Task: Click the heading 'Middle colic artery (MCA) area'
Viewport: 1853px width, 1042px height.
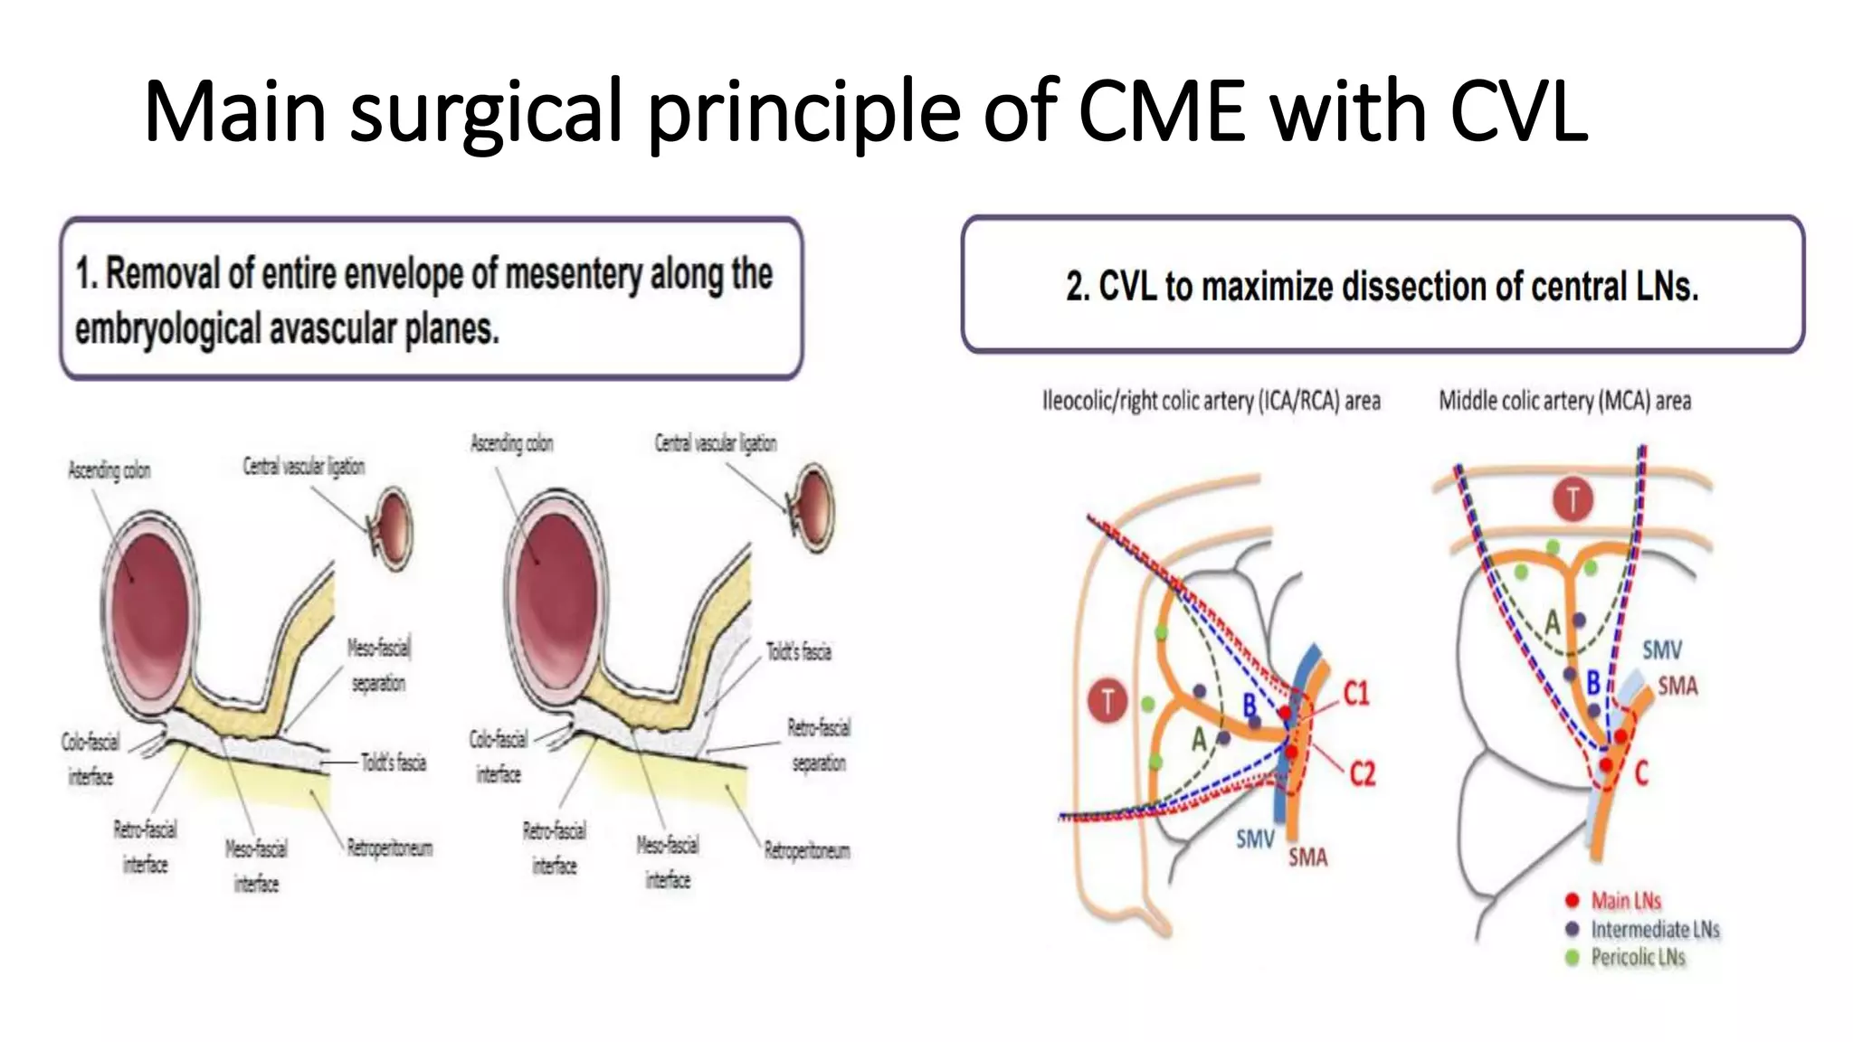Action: click(x=1564, y=401)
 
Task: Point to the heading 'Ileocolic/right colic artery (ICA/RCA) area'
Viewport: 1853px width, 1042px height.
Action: click(x=1211, y=401)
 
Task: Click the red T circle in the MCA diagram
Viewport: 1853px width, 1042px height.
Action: click(x=1573, y=500)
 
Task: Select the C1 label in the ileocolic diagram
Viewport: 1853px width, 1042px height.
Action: click(x=1355, y=694)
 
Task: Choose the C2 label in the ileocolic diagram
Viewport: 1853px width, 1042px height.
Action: click(x=1362, y=774)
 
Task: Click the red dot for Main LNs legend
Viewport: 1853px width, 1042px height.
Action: click(x=1572, y=900)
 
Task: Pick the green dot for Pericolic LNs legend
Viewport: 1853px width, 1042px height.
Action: click(x=1572, y=957)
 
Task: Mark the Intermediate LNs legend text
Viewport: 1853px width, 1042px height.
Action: click(x=1654, y=929)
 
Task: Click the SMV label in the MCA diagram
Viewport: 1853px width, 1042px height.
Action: click(x=1661, y=649)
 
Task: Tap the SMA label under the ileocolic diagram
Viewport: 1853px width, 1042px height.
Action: click(x=1307, y=857)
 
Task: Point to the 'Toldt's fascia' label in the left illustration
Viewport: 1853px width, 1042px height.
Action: click(x=394, y=763)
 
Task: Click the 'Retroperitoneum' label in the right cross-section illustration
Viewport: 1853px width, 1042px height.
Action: click(x=807, y=850)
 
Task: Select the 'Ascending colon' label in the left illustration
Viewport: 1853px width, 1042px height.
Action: click(x=109, y=470)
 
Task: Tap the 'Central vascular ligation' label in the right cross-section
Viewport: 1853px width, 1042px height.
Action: click(x=715, y=443)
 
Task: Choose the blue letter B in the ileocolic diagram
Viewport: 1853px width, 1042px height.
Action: click(x=1250, y=705)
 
